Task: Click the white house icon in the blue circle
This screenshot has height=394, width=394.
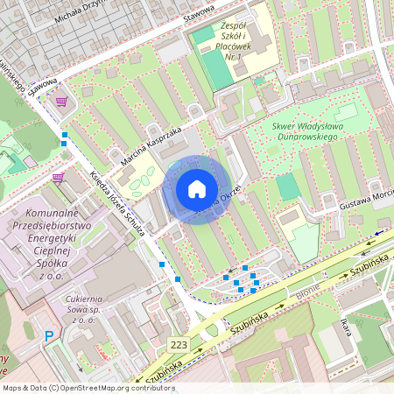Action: [x=197, y=189]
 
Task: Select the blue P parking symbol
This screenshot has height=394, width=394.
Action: [x=50, y=334]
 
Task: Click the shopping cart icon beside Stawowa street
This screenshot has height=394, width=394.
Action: [x=61, y=102]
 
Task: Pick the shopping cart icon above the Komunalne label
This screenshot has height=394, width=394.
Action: [x=58, y=178]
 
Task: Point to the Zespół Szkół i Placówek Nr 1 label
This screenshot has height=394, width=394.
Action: [x=244, y=41]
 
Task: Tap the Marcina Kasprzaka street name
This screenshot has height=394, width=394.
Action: [x=151, y=144]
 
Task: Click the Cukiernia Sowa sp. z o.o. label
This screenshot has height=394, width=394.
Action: [x=92, y=309]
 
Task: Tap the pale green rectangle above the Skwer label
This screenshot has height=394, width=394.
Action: [x=346, y=112]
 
